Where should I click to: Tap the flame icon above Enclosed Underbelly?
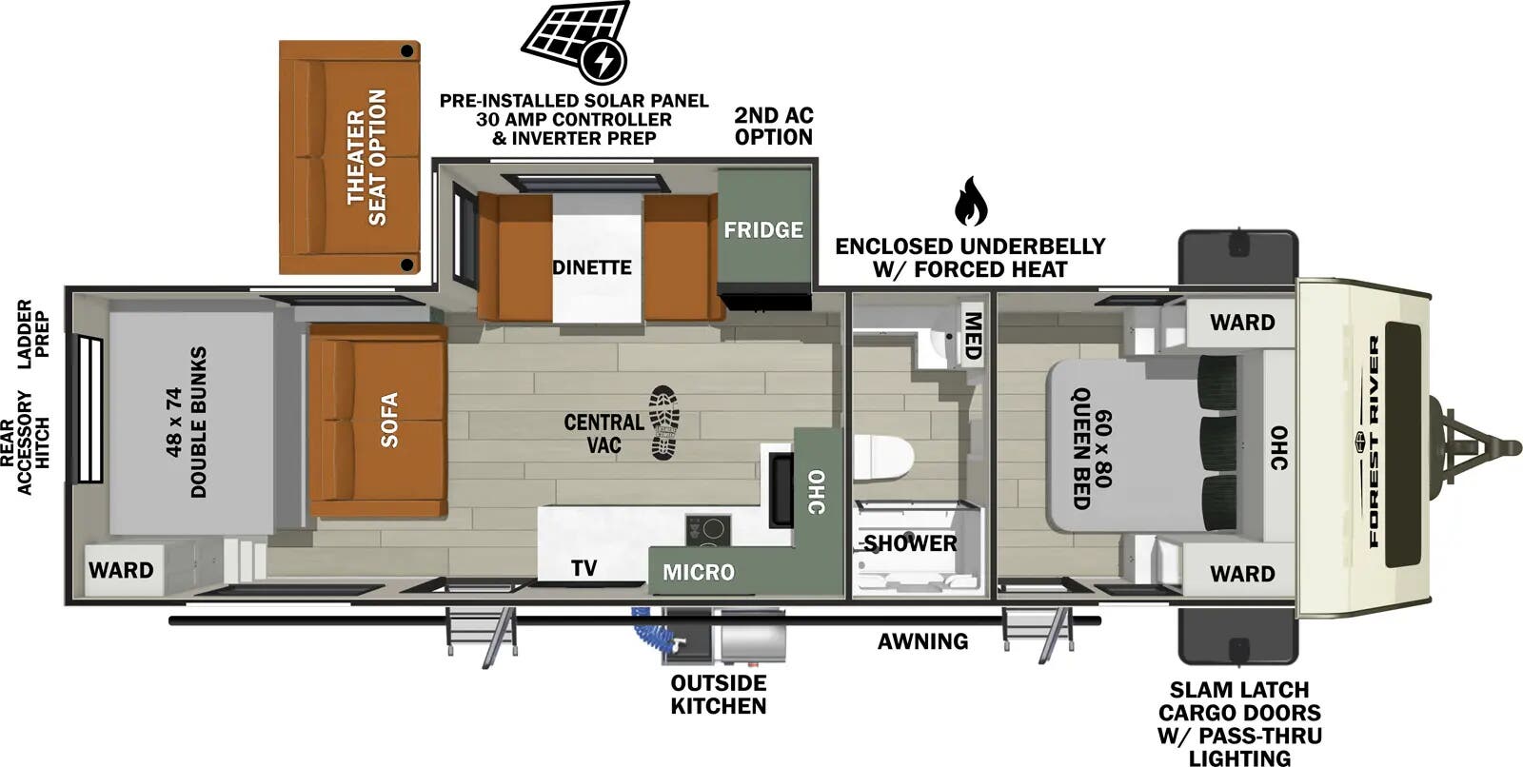pos(970,201)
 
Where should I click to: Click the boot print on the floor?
pos(664,423)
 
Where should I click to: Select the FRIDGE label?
pos(763,229)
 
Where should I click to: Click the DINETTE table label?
pos(592,267)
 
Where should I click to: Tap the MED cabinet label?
pos(972,335)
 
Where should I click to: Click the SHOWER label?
pos(910,543)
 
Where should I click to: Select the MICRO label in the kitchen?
pos(699,572)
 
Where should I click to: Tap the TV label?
pos(584,568)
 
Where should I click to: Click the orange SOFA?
pos(379,421)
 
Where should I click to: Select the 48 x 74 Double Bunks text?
pos(187,422)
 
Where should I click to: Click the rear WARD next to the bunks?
pos(121,570)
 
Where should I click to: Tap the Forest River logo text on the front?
pos(1375,442)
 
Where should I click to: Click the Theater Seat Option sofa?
pos(350,157)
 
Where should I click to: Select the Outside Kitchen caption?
pos(718,695)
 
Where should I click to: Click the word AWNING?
pos(922,641)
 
